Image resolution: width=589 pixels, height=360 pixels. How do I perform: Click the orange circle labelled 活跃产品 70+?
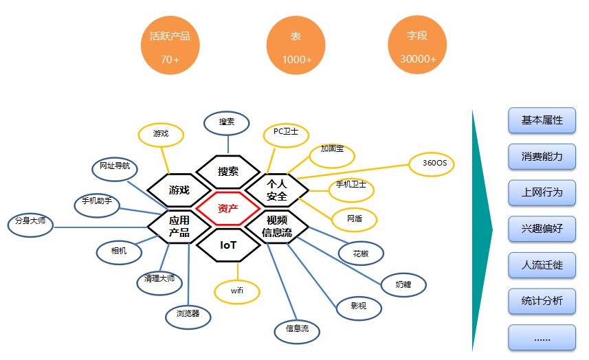170,47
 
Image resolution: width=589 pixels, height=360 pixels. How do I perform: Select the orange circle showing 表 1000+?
296,47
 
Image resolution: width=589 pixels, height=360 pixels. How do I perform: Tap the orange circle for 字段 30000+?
418,47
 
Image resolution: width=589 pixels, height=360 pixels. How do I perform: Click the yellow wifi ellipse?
236,291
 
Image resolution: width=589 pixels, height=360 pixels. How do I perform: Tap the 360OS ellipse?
432,164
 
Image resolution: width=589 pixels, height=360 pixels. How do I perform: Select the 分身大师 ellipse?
29,223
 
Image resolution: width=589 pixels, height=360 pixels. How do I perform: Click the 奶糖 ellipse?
404,283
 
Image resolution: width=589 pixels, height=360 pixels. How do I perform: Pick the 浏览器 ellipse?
188,314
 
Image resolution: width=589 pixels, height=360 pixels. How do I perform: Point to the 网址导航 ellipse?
115,167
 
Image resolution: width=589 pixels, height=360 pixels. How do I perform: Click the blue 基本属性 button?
542,120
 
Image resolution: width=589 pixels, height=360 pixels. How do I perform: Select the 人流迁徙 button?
542,265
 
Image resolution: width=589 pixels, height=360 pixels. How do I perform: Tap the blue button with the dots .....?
542,337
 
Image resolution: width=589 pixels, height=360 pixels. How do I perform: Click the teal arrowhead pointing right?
482,230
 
